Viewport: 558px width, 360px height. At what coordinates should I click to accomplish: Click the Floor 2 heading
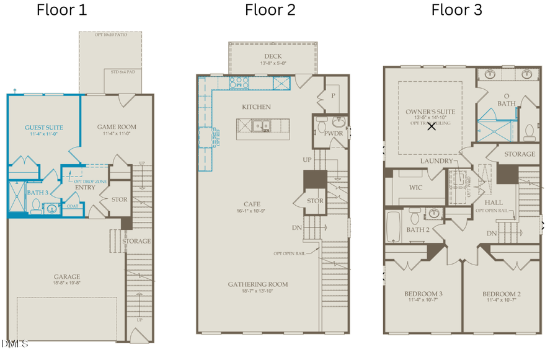tap(270, 10)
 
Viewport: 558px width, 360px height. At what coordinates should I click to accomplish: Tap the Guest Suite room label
tap(44, 127)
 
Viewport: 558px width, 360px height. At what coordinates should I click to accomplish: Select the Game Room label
tap(117, 127)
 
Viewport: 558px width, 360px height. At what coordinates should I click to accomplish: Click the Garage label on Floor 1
tap(66, 277)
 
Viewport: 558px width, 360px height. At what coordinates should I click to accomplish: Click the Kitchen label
tap(257, 107)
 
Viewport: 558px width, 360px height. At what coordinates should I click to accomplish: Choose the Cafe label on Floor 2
tap(252, 204)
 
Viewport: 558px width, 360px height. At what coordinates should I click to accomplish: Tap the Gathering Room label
tap(257, 284)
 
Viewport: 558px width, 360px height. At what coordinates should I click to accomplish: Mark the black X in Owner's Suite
tap(432, 126)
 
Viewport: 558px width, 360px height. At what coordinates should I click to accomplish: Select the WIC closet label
tap(416, 187)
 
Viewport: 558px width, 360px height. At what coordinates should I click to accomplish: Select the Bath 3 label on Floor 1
tap(37, 193)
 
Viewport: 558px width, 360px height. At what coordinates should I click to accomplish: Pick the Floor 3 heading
tap(457, 10)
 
